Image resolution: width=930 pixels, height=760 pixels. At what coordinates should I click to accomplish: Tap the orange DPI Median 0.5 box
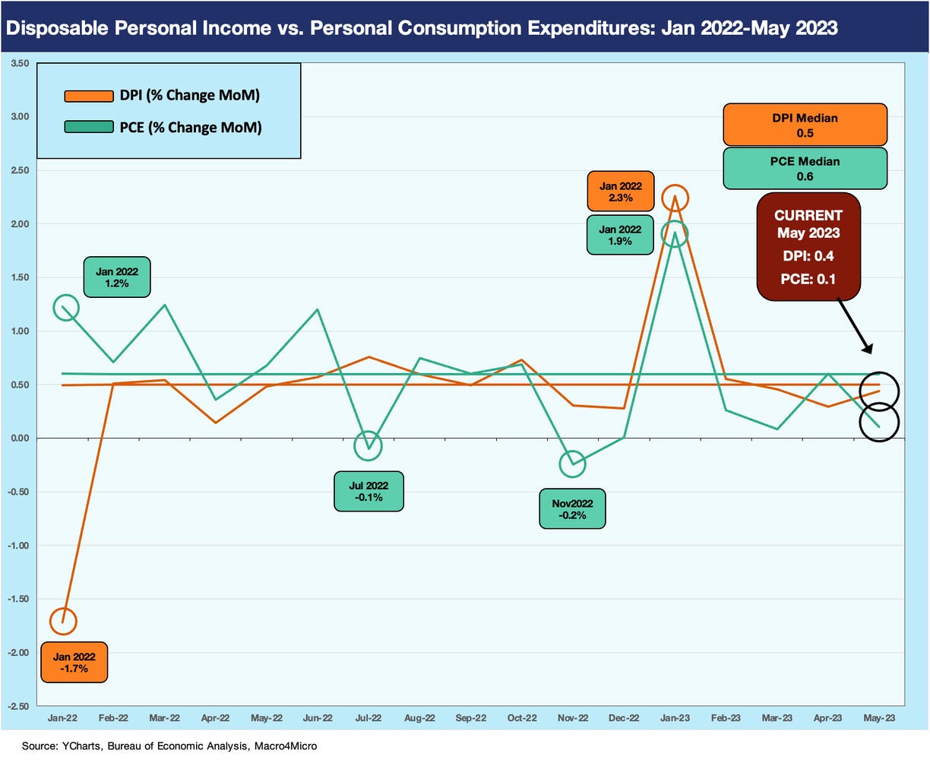click(805, 125)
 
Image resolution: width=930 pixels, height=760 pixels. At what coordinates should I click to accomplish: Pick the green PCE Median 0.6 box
click(805, 168)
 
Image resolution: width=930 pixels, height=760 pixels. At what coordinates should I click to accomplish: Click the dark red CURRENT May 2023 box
click(808, 246)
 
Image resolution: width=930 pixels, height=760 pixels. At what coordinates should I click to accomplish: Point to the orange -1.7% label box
click(74, 662)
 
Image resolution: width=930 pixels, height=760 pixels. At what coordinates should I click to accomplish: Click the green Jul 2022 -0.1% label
click(369, 491)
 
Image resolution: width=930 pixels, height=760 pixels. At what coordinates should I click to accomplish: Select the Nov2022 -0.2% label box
click(572, 508)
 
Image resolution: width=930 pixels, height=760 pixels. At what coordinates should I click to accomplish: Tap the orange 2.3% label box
click(620, 191)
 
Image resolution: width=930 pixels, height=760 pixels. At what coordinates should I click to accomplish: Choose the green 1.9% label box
click(620, 234)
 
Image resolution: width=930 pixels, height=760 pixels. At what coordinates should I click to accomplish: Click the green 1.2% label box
click(116, 277)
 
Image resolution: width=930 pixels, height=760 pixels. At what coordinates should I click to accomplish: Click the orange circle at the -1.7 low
click(63, 621)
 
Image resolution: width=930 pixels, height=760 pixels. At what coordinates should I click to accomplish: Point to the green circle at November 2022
click(572, 464)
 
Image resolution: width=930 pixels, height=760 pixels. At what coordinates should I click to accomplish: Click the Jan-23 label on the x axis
click(675, 718)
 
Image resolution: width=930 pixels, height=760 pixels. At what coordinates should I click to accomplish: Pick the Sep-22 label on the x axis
click(470, 718)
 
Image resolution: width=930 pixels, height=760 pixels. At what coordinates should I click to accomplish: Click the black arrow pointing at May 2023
click(854, 325)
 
